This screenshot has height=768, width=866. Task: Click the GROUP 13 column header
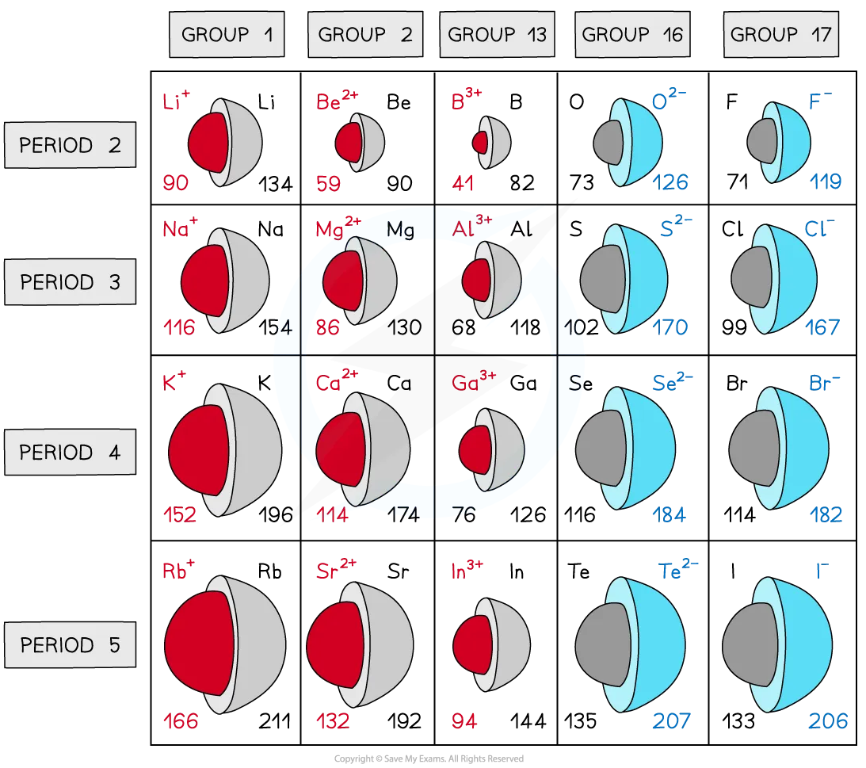point(497,35)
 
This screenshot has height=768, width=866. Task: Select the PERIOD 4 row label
point(70,453)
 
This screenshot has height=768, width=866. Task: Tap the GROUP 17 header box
point(780,35)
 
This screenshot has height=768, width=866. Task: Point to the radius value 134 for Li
point(276,184)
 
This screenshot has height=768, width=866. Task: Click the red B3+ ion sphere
point(480,143)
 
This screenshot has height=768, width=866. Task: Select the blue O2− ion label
point(669,101)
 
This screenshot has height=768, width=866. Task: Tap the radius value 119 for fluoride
point(826,182)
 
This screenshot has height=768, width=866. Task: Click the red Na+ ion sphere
point(204,281)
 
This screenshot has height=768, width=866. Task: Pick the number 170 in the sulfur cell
point(670,327)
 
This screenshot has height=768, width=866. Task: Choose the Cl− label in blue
point(819,228)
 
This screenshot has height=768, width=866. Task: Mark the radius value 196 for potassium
point(275,515)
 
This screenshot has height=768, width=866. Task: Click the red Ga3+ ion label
point(474,383)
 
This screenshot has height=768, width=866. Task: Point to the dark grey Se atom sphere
point(599,448)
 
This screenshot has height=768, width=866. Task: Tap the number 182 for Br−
point(826,515)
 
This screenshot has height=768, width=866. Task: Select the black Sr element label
point(399,571)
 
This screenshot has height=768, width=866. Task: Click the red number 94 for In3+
point(464,721)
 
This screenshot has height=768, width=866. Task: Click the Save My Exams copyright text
point(429,759)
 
